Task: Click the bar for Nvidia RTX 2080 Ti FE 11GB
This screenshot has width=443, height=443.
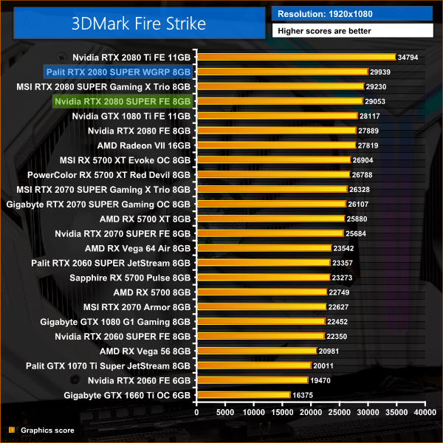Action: tap(295, 56)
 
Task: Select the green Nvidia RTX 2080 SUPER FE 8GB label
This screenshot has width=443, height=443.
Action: tap(123, 101)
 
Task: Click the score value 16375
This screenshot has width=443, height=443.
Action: tap(303, 396)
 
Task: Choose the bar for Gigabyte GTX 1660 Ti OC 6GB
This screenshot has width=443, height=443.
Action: tap(243, 395)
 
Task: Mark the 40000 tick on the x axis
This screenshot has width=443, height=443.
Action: tap(425, 413)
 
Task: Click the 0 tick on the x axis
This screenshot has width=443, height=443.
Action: tap(196, 413)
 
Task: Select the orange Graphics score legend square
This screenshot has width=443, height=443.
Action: tap(11, 430)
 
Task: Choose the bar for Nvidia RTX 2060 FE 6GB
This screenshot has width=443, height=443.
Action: tap(251, 380)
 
